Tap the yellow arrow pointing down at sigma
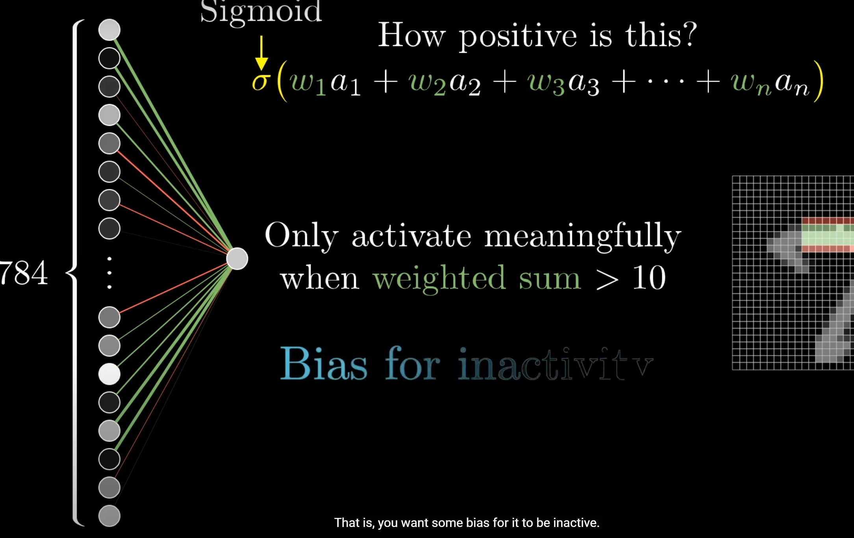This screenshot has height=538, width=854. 261,54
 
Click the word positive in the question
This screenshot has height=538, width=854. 518,37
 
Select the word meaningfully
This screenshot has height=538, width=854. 583,237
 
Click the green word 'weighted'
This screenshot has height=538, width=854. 439,279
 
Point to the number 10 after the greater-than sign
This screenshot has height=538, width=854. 649,278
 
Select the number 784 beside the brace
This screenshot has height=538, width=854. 24,272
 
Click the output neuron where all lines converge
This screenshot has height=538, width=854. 237,259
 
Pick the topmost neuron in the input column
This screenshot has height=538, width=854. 109,30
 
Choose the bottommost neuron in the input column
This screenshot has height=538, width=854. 109,516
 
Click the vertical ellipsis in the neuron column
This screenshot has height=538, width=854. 109,273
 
